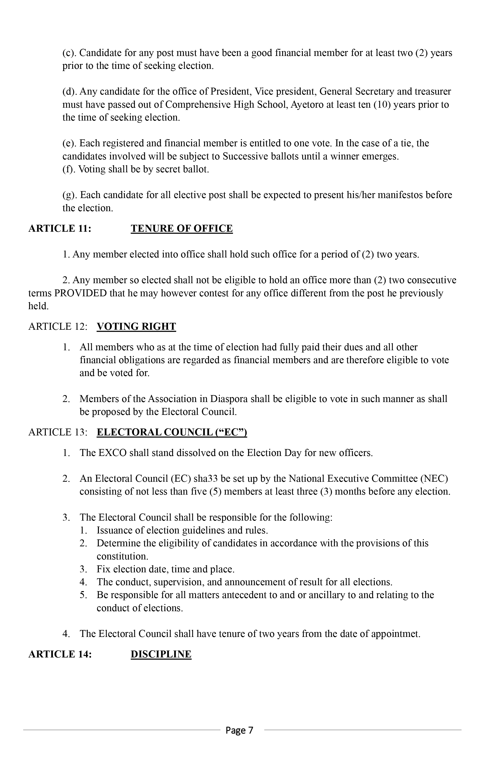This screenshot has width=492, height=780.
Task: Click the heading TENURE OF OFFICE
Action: coord(182,228)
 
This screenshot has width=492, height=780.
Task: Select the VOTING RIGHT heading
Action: coord(136,326)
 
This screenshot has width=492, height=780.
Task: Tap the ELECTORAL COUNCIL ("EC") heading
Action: coord(172,432)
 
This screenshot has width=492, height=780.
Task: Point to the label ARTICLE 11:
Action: coord(60,228)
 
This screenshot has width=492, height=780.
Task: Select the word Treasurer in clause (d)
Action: coord(433,91)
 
